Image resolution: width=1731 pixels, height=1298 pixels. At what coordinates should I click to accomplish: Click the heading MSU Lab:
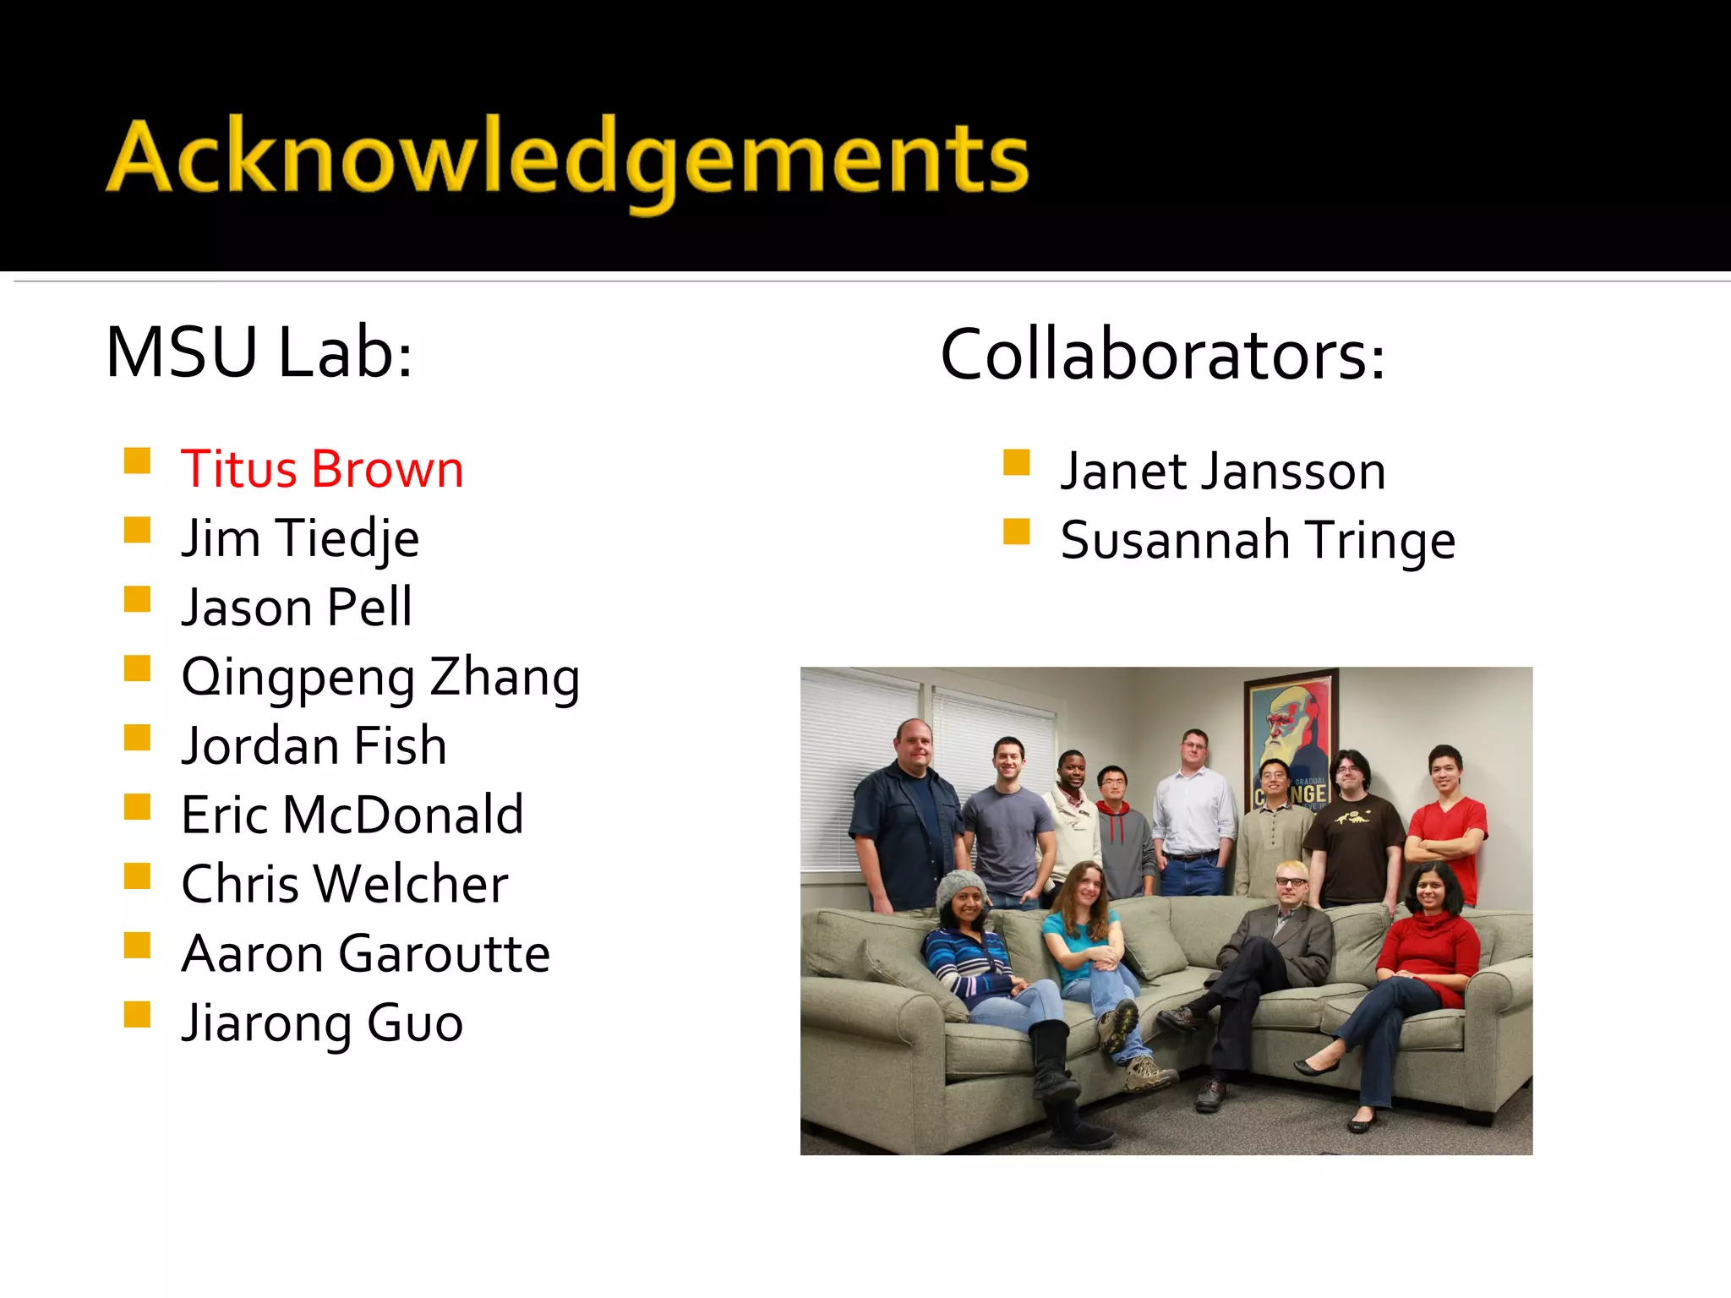(x=259, y=353)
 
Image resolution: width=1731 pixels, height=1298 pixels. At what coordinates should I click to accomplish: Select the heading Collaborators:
(x=1162, y=355)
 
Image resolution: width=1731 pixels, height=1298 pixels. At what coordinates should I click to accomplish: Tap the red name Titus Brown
(x=322, y=469)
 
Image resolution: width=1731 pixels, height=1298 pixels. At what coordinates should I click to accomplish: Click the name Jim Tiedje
(x=300, y=538)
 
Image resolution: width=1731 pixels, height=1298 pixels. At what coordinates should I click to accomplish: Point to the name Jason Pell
(x=297, y=608)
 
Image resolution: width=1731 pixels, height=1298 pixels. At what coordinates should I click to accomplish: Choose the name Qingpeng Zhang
(x=380, y=677)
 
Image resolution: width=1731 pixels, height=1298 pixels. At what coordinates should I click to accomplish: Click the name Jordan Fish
(x=314, y=746)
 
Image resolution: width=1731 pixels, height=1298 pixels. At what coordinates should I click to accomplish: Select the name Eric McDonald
(x=352, y=815)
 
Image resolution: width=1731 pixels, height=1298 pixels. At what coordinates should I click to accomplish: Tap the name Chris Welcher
(x=345, y=885)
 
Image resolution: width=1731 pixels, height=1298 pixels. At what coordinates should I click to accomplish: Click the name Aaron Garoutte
(x=365, y=954)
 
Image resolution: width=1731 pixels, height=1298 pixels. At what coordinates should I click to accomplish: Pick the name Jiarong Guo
(x=322, y=1023)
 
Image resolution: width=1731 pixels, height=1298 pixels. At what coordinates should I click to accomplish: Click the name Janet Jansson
(x=1223, y=471)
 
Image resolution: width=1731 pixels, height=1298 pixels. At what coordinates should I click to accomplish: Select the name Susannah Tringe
(x=1258, y=540)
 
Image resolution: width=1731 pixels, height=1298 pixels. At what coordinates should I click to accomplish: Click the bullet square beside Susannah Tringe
(x=1016, y=532)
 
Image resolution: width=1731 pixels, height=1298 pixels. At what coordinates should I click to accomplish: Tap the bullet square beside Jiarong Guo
(x=137, y=1014)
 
